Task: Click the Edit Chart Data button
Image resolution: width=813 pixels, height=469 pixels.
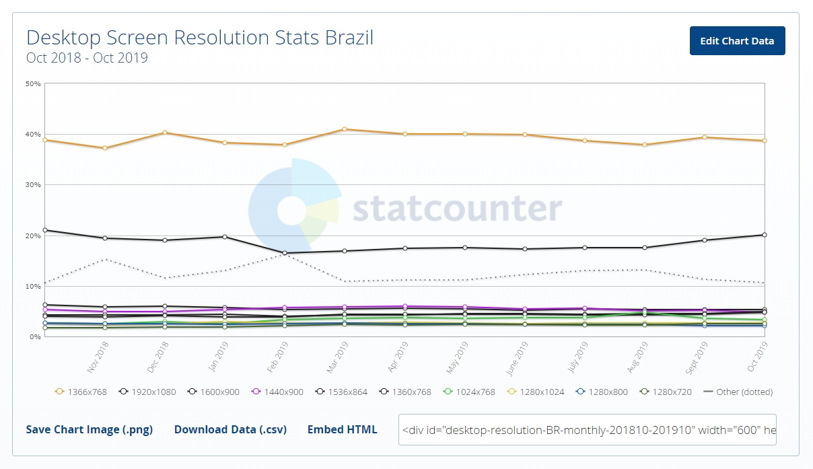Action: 737,41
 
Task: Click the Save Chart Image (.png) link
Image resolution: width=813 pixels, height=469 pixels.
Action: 90,429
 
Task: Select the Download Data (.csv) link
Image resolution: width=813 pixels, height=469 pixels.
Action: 230,429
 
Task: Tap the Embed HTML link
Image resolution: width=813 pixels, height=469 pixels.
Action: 342,429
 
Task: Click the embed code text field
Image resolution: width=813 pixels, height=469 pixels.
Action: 587,429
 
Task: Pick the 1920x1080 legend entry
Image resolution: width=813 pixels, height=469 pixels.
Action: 146,392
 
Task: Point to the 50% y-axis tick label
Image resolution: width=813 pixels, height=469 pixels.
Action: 33,83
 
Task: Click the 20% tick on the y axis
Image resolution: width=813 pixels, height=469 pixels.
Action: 33,236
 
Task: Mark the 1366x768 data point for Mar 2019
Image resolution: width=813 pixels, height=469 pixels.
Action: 345,129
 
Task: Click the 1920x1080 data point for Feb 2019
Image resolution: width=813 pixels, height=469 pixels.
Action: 285,253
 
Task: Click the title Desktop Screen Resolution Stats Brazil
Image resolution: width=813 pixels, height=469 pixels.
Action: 200,37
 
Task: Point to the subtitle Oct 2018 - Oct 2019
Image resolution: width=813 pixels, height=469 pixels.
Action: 87,58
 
